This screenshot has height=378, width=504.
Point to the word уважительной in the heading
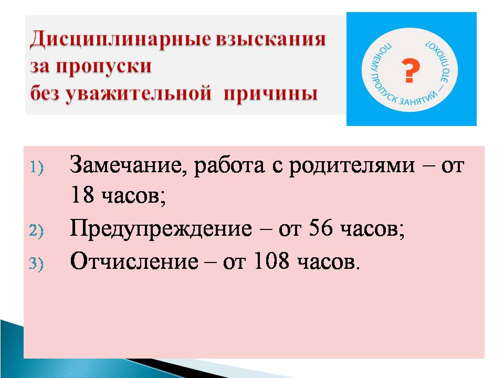click(x=139, y=94)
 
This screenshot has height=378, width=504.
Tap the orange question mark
click(x=411, y=70)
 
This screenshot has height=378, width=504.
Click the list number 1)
click(x=36, y=167)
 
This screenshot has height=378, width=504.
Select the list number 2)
click(x=36, y=231)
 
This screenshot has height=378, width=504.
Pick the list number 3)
click(x=36, y=264)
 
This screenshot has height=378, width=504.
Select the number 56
click(x=320, y=228)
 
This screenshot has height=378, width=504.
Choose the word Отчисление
click(x=134, y=261)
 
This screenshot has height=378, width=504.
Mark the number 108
click(x=271, y=260)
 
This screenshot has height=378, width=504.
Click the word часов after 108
click(x=328, y=262)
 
